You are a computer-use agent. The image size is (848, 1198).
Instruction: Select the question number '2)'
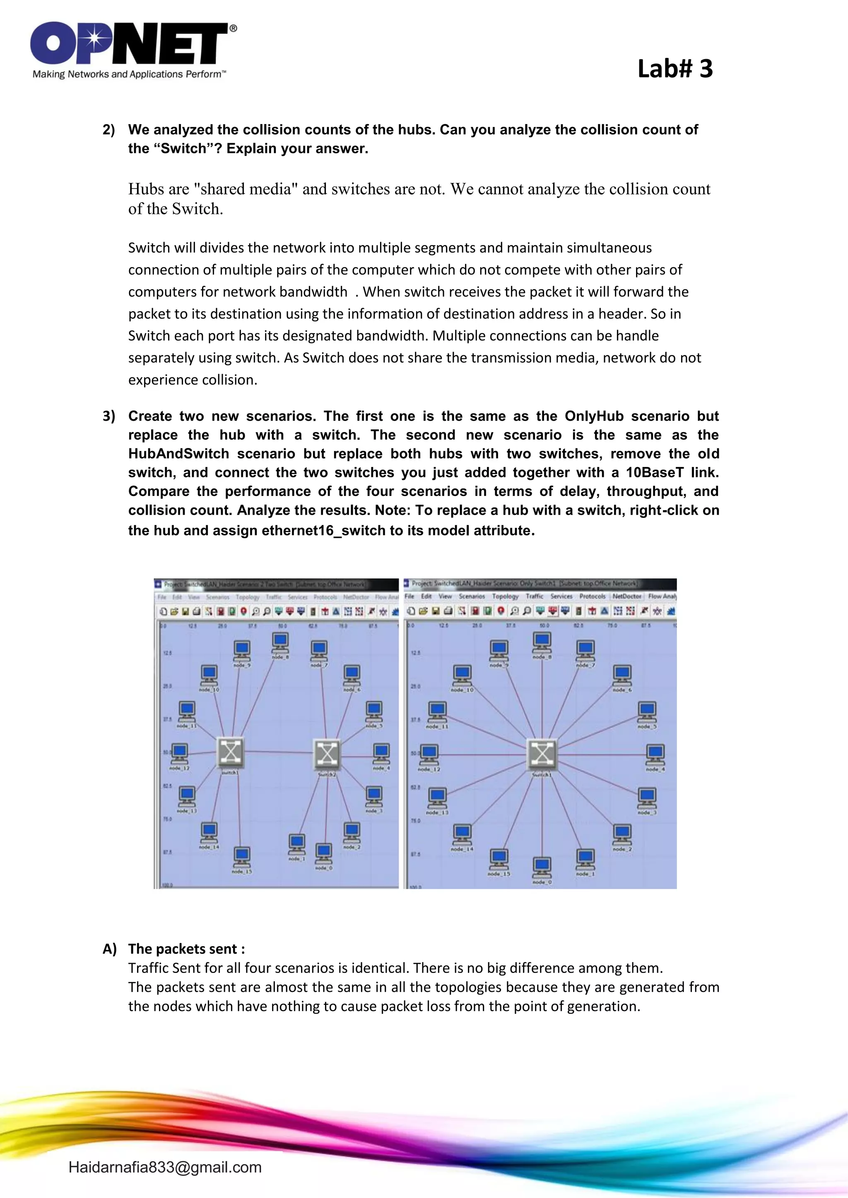(108, 130)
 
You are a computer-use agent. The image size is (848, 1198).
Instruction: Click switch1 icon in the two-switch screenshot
(230, 752)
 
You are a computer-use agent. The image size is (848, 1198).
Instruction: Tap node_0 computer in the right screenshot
(542, 867)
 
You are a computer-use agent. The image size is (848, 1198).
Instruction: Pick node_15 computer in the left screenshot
(242, 857)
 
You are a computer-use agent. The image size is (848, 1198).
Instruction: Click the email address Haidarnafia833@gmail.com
(165, 1167)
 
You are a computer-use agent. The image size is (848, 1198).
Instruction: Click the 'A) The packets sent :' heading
(174, 949)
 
